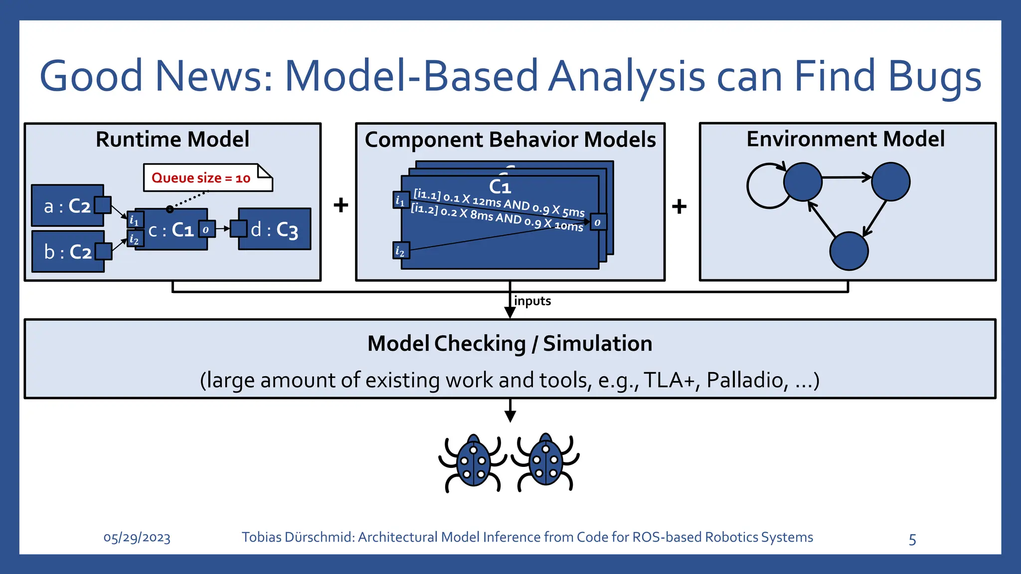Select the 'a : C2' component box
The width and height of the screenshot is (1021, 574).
(x=67, y=206)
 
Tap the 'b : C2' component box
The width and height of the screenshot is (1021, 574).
(x=68, y=252)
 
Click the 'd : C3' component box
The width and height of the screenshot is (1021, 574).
(x=275, y=229)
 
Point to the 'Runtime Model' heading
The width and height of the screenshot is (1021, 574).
(x=172, y=140)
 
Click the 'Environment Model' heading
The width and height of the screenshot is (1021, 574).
(x=846, y=139)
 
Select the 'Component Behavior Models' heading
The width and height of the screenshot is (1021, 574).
(x=510, y=140)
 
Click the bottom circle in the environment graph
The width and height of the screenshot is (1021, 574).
(x=849, y=251)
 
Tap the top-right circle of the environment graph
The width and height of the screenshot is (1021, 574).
(x=890, y=182)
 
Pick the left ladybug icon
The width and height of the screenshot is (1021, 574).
(x=473, y=462)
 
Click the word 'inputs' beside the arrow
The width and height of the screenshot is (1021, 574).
(x=532, y=301)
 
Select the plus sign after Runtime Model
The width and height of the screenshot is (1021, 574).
(x=340, y=205)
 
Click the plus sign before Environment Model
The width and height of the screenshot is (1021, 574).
(x=679, y=206)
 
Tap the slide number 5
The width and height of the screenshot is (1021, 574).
(x=912, y=540)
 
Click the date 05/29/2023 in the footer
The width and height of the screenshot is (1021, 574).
(x=137, y=538)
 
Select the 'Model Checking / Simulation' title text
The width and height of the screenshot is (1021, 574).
(x=510, y=344)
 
